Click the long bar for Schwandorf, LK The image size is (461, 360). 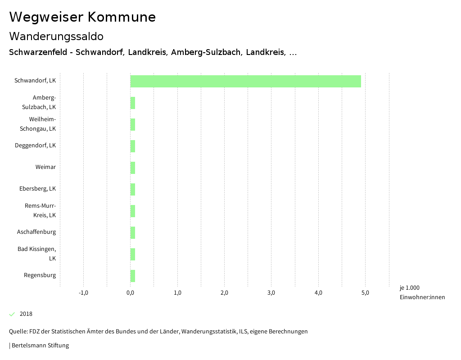(245, 81)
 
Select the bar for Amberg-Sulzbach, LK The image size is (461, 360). (133, 103)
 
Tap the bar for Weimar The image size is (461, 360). (133, 168)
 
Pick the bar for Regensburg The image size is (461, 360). (133, 276)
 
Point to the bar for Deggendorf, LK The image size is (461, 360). (133, 146)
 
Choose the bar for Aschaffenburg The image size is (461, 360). (133, 232)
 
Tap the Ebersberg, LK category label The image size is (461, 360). (37, 189)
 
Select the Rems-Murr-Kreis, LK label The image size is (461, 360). (40, 210)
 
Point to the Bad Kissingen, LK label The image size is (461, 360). (36, 254)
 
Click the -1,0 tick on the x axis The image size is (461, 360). (83, 293)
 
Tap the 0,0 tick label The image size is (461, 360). (130, 293)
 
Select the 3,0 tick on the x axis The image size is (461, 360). (271, 293)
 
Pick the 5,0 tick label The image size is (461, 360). (365, 293)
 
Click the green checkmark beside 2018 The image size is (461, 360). (12, 314)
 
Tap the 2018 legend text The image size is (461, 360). (26, 314)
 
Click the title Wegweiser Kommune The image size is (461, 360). (82, 17)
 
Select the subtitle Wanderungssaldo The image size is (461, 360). (56, 36)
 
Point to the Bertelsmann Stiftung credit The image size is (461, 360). (39, 346)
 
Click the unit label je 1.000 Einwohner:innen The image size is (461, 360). (422, 292)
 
